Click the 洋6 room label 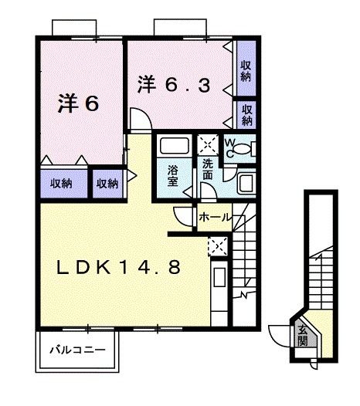coord(77,104)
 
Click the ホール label coord(214,217)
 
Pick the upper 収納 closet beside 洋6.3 coord(246,72)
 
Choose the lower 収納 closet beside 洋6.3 coord(246,113)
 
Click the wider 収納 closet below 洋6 coord(62,183)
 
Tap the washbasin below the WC coord(246,183)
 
